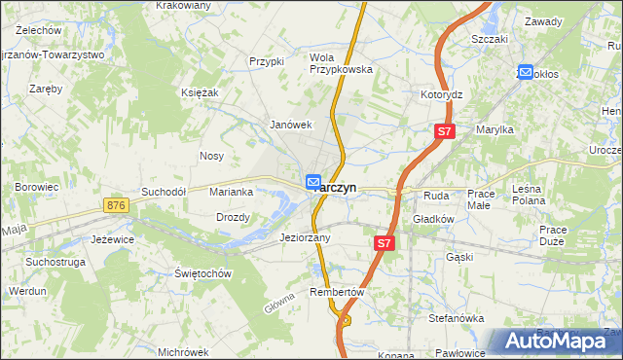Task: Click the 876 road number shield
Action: coord(117,205)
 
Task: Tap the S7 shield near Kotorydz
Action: coord(444,130)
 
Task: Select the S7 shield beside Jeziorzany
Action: coord(385,244)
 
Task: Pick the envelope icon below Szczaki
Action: coord(526,71)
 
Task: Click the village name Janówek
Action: coord(290,125)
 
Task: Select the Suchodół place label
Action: coord(164,192)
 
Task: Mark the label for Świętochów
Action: coord(202,273)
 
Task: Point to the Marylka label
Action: coord(495,129)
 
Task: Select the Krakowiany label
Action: coord(183,5)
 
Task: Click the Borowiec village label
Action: coord(37,186)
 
